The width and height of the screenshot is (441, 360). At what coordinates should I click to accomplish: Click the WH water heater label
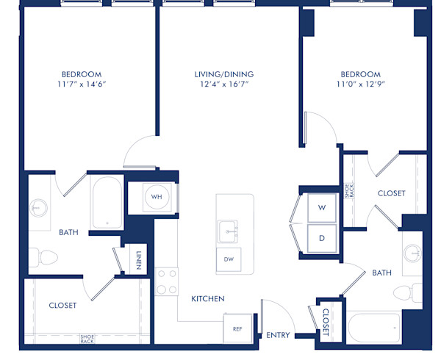[157, 197]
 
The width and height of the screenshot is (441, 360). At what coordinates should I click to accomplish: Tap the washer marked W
[321, 208]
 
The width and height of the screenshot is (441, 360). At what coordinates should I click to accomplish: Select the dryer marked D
[321, 238]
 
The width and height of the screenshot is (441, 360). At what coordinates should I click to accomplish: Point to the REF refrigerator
[237, 329]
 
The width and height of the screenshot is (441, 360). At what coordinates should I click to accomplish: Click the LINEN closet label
[139, 260]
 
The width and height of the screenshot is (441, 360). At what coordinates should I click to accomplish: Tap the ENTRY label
[277, 336]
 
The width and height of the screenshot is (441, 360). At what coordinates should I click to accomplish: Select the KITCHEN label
[208, 299]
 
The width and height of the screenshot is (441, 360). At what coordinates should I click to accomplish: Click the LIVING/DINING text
[223, 74]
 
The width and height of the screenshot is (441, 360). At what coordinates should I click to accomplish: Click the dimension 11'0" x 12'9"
[360, 84]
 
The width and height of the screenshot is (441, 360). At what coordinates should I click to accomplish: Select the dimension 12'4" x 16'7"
[223, 84]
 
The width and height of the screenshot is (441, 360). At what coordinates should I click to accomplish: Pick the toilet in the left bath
[46, 257]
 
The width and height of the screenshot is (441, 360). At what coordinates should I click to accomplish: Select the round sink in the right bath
[412, 253]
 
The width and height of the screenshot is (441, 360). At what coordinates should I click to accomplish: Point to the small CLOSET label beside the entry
[326, 321]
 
